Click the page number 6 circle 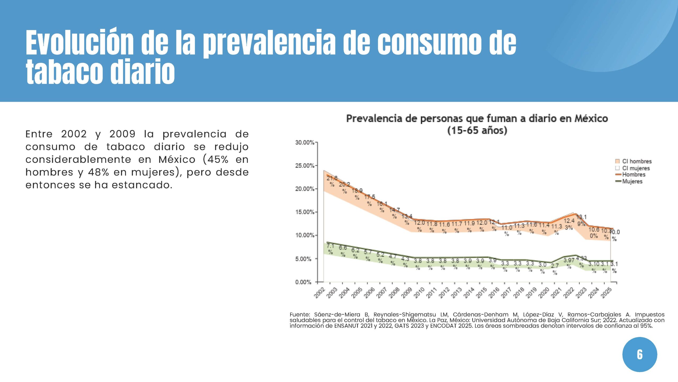[x=640, y=354]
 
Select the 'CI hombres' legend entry [x=634, y=161]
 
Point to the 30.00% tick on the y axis [x=305, y=142]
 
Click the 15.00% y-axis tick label [x=305, y=212]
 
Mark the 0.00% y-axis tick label [x=304, y=282]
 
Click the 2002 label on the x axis [x=320, y=293]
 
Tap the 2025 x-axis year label [x=607, y=293]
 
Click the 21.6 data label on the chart [x=332, y=178]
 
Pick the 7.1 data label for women [x=330, y=246]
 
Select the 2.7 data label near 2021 [x=555, y=266]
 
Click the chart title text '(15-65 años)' [x=477, y=131]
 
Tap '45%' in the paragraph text [x=218, y=159]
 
